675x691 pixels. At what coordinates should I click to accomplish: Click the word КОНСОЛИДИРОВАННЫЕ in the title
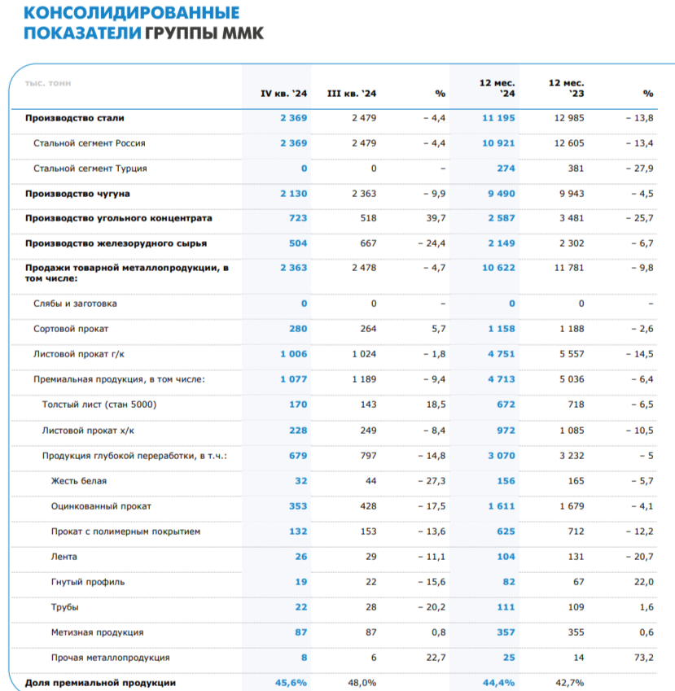(132, 13)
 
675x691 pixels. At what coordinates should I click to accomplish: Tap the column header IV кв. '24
(283, 94)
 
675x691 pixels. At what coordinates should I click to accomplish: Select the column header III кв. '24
(351, 94)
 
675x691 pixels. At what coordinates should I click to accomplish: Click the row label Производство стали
(75, 118)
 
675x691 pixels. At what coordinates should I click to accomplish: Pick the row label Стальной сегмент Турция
(90, 168)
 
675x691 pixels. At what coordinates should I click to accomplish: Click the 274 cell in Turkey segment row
(505, 168)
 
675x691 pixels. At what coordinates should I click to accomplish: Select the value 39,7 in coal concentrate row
(436, 218)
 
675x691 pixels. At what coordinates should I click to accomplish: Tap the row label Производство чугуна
(78, 194)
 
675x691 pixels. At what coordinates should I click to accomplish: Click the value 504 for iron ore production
(298, 243)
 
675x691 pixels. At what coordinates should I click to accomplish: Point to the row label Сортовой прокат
(71, 329)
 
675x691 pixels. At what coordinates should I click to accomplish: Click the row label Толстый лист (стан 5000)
(99, 405)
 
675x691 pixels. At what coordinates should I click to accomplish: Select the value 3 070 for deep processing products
(501, 456)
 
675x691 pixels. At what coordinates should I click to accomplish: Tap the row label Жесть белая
(79, 481)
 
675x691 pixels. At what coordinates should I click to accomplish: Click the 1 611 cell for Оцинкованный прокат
(501, 506)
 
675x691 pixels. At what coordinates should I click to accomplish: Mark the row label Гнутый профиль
(88, 582)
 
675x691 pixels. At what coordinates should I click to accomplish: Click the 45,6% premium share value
(291, 683)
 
